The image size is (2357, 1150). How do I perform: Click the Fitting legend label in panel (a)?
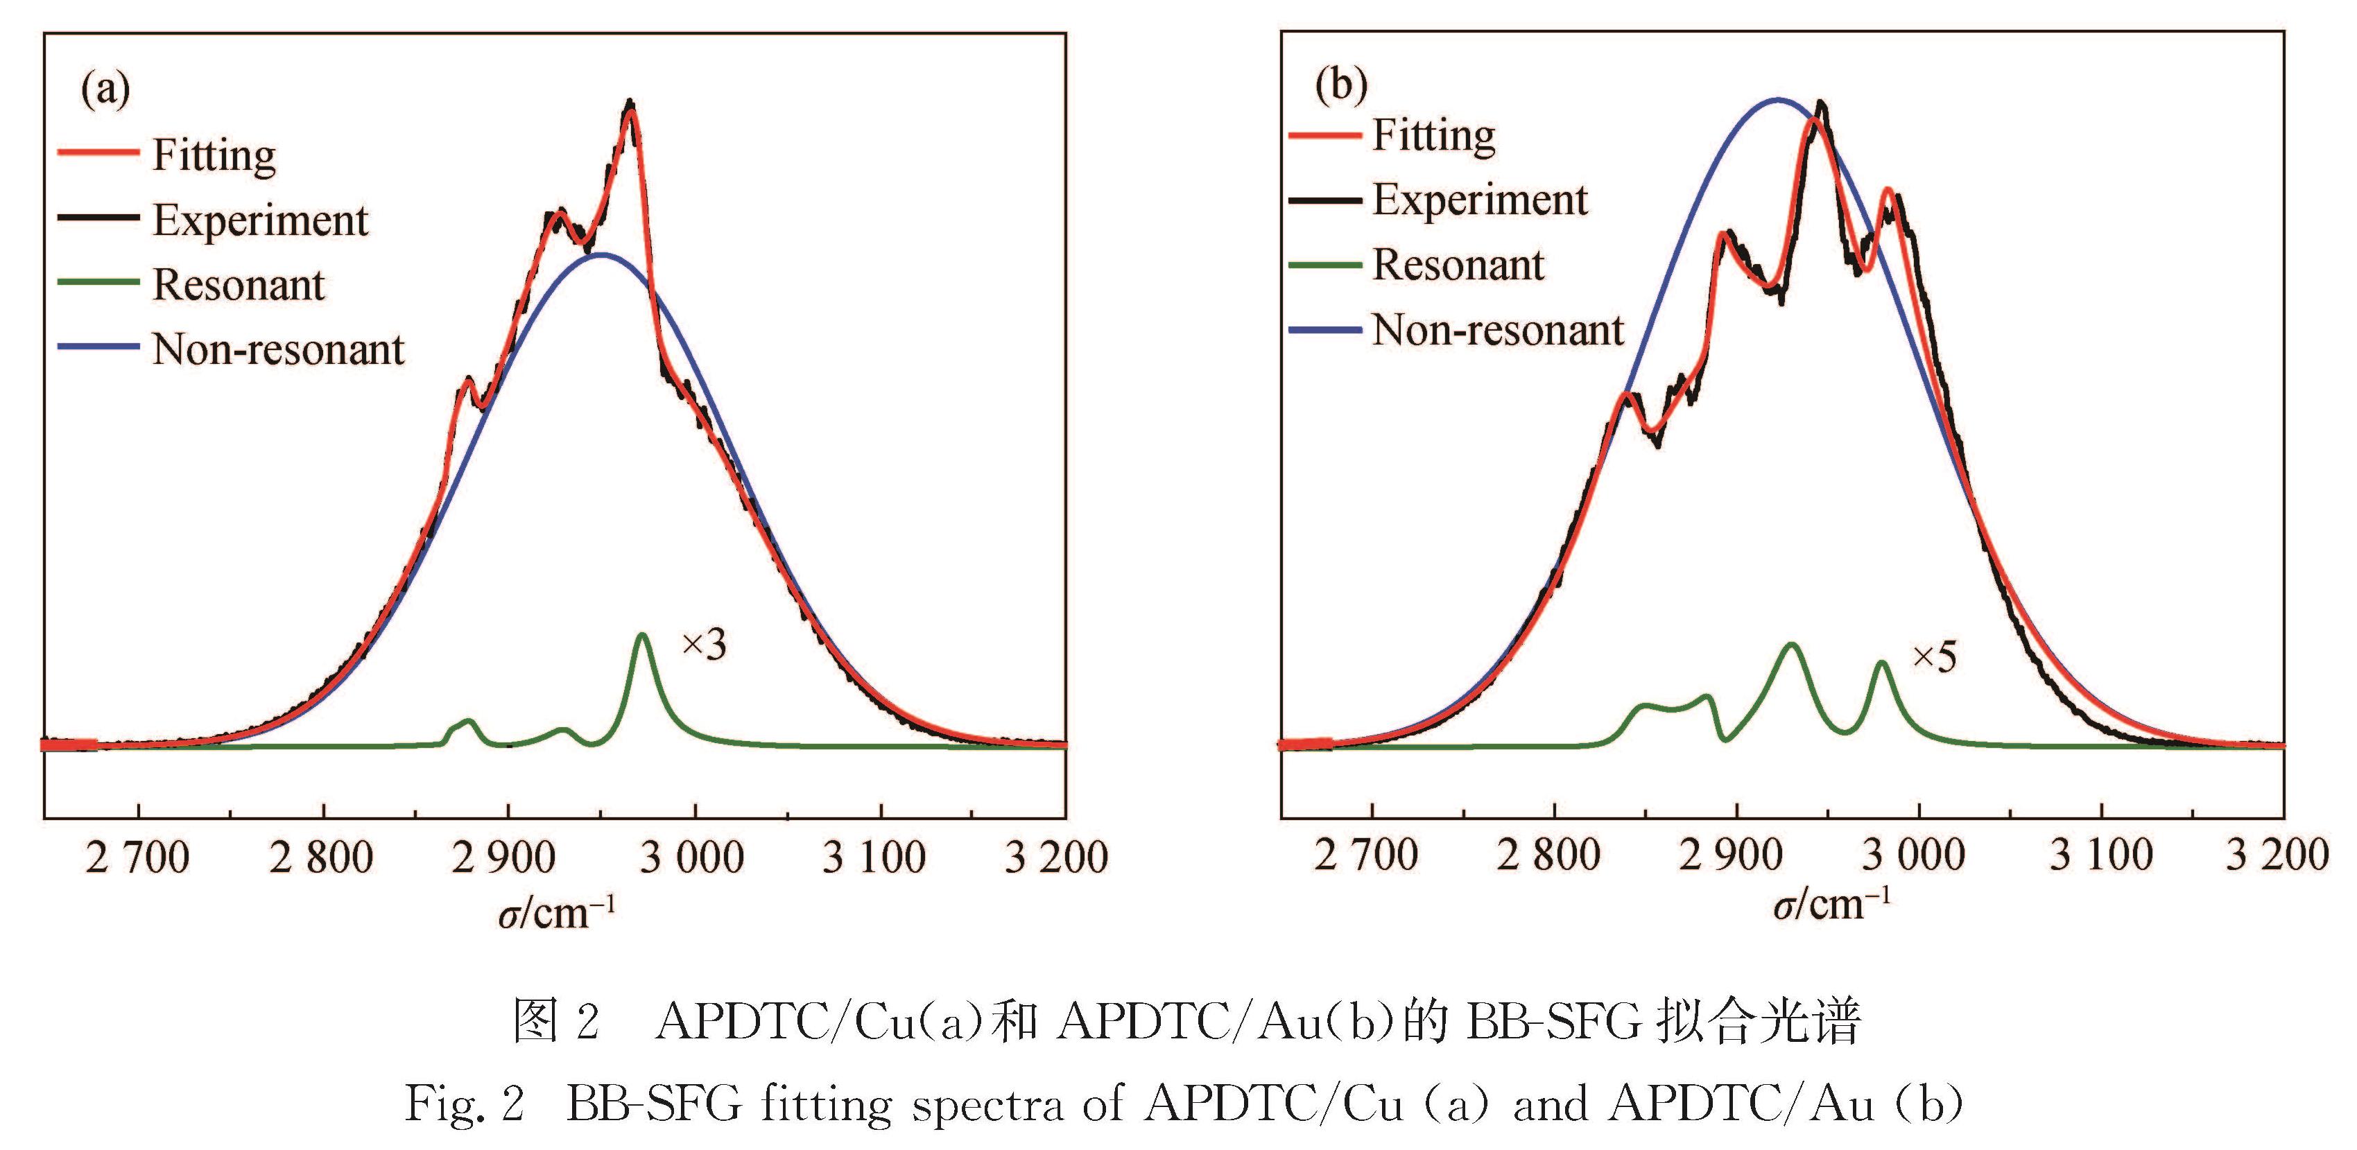point(214,155)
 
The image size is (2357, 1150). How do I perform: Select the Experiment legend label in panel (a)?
point(260,220)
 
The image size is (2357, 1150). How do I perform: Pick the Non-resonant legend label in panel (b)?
point(1498,330)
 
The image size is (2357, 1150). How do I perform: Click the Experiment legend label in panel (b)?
point(1480,200)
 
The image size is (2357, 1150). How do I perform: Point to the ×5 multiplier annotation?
point(1934,657)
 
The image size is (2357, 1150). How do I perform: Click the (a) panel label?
point(105,89)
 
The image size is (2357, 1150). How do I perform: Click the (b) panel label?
point(1340,86)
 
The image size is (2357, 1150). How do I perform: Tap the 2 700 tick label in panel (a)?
point(137,858)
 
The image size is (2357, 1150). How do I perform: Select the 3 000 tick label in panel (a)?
point(692,858)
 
